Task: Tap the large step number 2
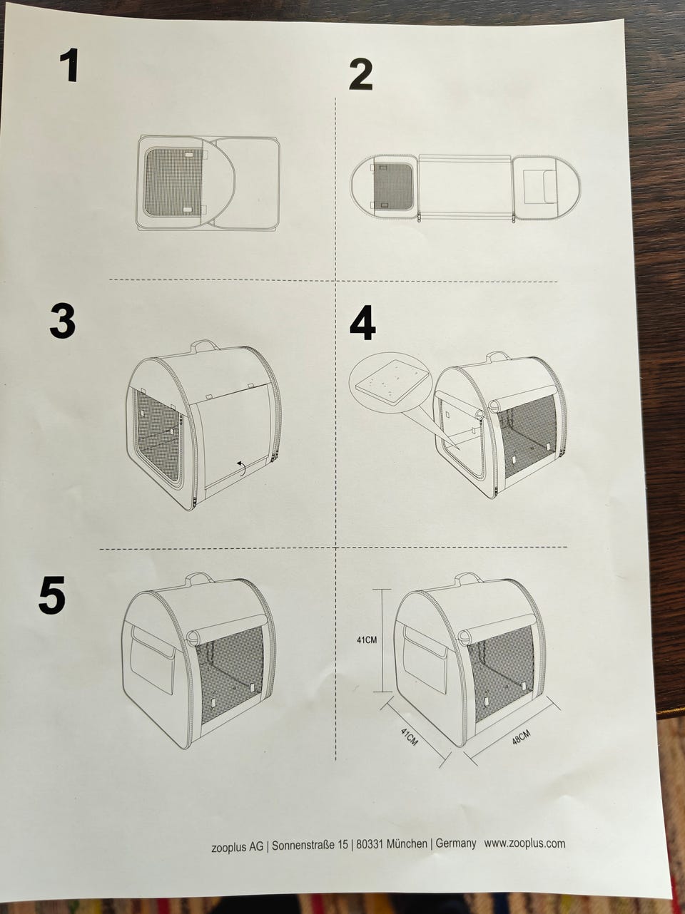(x=360, y=75)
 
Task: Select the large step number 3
(x=63, y=321)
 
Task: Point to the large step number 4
(x=362, y=323)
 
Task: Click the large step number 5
(x=52, y=595)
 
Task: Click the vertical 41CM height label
(x=367, y=640)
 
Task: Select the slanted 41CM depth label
(x=409, y=736)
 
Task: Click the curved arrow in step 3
(x=241, y=467)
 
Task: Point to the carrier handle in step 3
(x=204, y=345)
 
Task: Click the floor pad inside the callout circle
(x=390, y=383)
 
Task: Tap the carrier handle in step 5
(x=199, y=578)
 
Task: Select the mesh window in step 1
(x=174, y=182)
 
